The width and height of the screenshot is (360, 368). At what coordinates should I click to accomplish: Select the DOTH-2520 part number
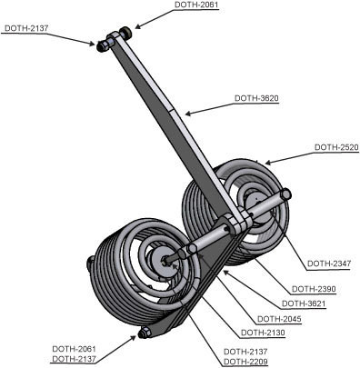(x=335, y=146)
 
